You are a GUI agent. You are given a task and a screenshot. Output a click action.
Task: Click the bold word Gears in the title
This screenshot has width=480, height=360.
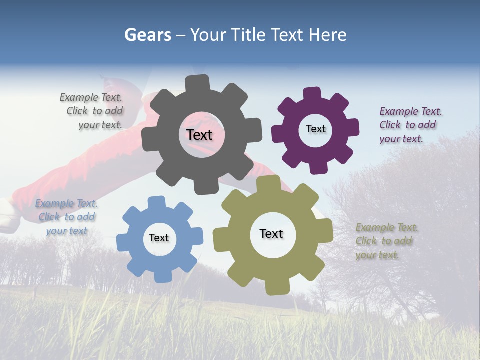click(x=147, y=35)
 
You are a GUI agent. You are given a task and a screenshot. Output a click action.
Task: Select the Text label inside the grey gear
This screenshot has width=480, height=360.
click(x=200, y=135)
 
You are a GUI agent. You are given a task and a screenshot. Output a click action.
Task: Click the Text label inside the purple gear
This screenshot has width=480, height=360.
click(x=315, y=129)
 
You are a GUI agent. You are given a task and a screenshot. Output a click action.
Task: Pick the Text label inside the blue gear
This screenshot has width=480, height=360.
click(x=159, y=238)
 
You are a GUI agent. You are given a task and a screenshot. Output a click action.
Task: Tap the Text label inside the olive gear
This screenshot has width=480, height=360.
click(x=271, y=233)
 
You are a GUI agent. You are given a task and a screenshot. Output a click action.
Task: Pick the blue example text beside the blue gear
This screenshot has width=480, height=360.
click(x=67, y=217)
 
